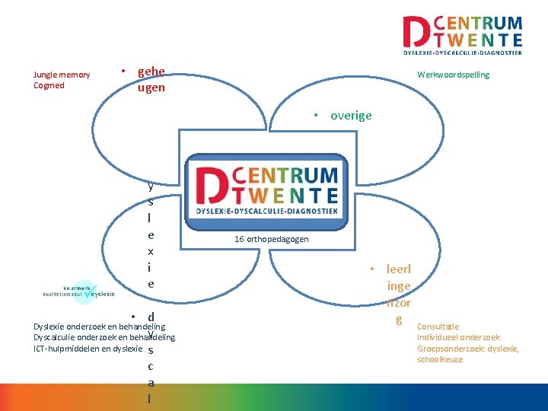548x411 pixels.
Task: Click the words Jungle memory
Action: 62,75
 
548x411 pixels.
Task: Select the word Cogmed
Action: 49,85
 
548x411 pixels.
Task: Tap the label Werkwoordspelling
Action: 453,75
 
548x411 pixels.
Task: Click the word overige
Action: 351,116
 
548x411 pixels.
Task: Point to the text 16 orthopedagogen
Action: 271,239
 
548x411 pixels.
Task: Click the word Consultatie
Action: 438,327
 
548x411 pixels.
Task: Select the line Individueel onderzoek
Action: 458,337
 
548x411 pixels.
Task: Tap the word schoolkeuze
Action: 440,359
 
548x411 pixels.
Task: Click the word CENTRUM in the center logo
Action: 295,177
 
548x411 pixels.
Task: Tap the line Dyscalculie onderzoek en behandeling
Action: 104,337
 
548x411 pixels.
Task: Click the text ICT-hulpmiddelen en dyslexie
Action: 88,349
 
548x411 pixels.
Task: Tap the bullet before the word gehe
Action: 124,73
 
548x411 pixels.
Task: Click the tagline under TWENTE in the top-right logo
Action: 462,53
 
